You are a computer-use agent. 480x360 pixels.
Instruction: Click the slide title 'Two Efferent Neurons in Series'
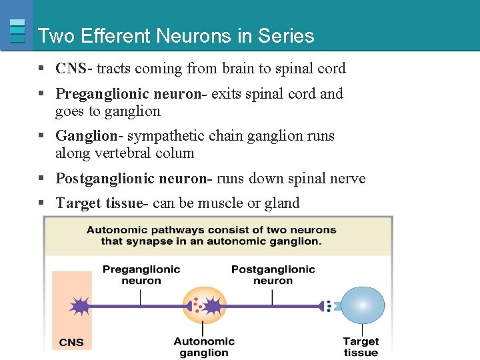click(x=176, y=36)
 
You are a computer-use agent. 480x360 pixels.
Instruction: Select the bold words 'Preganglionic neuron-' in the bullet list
click(x=133, y=94)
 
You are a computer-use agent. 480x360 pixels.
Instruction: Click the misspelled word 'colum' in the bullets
click(x=175, y=153)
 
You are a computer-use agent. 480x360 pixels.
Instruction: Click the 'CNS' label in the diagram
click(x=71, y=342)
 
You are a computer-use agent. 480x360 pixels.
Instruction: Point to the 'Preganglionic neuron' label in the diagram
click(x=141, y=275)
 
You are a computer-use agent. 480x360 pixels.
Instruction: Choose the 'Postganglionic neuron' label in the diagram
click(x=273, y=275)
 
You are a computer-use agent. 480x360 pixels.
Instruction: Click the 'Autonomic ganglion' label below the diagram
click(x=204, y=347)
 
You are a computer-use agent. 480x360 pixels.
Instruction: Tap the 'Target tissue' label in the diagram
click(x=361, y=347)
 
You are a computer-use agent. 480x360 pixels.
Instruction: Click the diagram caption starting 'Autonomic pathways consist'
click(x=211, y=235)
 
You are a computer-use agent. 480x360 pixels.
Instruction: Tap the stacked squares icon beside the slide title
click(x=18, y=31)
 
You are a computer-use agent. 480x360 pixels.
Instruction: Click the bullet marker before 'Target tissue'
click(x=41, y=203)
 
